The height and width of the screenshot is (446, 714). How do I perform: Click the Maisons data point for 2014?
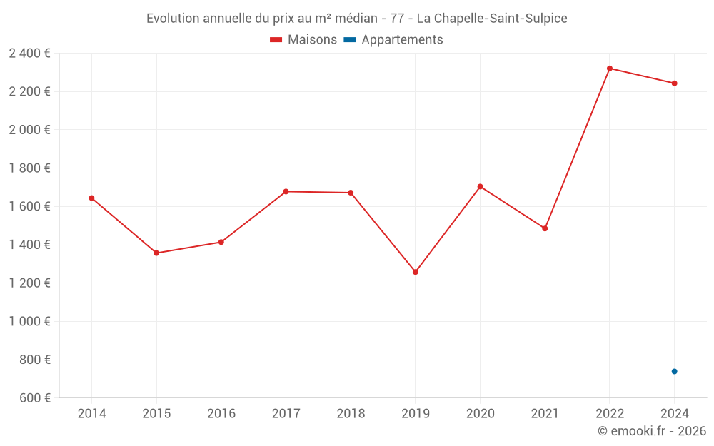coord(91,198)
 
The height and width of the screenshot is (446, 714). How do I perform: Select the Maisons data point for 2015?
coord(156,253)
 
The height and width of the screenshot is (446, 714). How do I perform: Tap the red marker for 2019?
coord(416,272)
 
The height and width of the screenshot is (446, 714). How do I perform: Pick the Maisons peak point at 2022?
coord(610,69)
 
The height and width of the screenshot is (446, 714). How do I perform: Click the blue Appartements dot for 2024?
coord(674,371)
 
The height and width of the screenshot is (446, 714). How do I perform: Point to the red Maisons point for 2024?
coord(674,83)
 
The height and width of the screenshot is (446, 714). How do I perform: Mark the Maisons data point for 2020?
coord(480,186)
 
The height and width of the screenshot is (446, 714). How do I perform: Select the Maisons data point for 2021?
coord(545,228)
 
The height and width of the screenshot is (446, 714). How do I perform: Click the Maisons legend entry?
coord(303,40)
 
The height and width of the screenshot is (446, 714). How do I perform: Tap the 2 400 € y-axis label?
coord(29,53)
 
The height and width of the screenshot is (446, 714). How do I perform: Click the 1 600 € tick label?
coord(29,206)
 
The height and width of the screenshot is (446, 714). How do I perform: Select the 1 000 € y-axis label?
coord(29,321)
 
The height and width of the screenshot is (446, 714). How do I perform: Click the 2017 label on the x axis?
coord(286,413)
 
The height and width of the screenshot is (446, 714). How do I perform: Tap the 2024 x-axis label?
coord(674,413)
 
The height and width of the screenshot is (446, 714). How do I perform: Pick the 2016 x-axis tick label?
coord(221,413)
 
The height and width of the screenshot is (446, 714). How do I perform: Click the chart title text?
coord(356,19)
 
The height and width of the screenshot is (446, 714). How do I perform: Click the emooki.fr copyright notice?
coord(651,431)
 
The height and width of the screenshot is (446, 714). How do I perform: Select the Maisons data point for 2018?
coord(351,193)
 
